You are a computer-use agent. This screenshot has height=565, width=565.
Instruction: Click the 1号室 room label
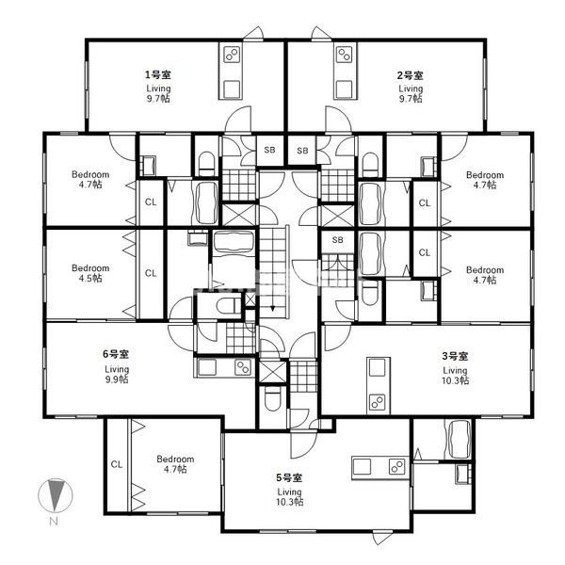pyautogui.click(x=158, y=75)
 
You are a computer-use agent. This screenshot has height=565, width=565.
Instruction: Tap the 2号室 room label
pyautogui.click(x=410, y=75)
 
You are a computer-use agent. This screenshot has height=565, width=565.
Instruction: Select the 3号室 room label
pyautogui.click(x=455, y=356)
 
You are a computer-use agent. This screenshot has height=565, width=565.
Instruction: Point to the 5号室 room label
pyautogui.click(x=289, y=477)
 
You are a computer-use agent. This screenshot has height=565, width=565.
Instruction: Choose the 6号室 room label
pyautogui.click(x=116, y=354)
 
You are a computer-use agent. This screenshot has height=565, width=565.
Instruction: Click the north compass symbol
pyautogui.click(x=56, y=496)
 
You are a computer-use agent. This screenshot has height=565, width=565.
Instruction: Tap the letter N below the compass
pyautogui.click(x=54, y=521)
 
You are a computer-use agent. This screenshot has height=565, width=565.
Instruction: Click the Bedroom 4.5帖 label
pyautogui.click(x=90, y=273)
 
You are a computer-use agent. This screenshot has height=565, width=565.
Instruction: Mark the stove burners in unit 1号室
pyautogui.click(x=232, y=55)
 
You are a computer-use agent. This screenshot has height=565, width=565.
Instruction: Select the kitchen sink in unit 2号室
pyautogui.click(x=345, y=89)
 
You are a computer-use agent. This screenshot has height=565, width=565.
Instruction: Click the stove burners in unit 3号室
pyautogui.click(x=378, y=402)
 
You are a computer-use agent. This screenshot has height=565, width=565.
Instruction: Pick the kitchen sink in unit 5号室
pyautogui.click(x=362, y=467)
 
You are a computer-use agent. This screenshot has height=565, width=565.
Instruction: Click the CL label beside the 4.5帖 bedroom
pyautogui.click(x=151, y=273)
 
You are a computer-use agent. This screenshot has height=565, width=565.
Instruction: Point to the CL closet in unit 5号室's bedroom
pyautogui.click(x=117, y=464)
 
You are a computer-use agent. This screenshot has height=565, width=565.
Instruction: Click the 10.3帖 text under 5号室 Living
pyautogui.click(x=289, y=502)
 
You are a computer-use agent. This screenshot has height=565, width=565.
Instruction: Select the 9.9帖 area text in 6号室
pyautogui.click(x=117, y=379)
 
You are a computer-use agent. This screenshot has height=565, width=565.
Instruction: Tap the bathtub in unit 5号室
pyautogui.click(x=459, y=439)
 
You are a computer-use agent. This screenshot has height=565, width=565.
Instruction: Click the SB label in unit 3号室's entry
pyautogui.click(x=338, y=239)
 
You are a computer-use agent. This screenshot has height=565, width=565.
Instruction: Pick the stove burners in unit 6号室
pyautogui.click(x=243, y=367)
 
